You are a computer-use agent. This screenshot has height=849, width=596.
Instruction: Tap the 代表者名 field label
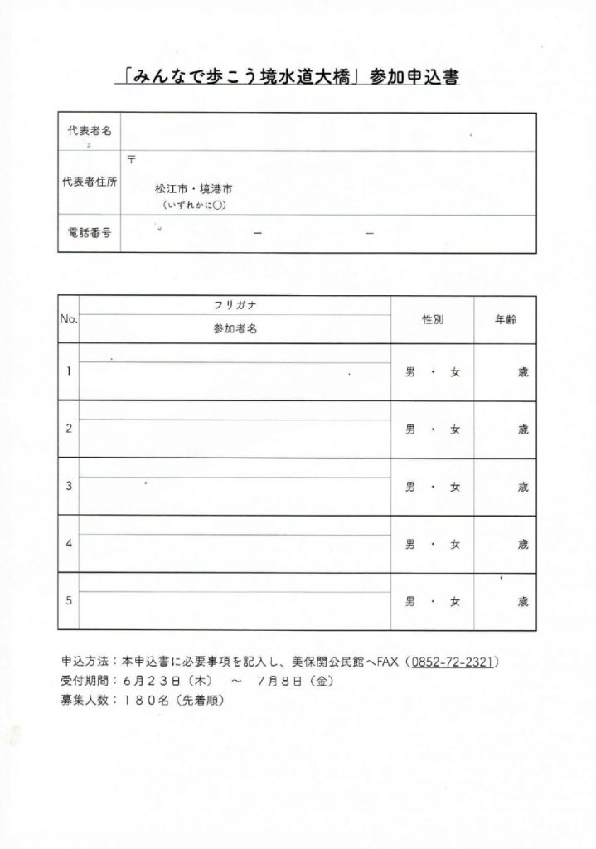[91, 133]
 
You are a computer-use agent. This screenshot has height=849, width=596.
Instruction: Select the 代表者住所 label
[91, 183]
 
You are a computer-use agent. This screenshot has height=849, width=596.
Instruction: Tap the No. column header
[68, 318]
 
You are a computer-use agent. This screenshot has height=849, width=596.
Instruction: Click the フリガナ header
[234, 305]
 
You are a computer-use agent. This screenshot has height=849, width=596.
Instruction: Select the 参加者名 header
[234, 329]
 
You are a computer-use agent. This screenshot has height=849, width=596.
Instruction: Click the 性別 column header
[432, 318]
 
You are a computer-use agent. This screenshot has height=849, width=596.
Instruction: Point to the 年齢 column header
[505, 318]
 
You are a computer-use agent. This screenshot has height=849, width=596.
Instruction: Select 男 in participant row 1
[409, 372]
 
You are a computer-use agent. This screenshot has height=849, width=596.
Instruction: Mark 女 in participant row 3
[455, 488]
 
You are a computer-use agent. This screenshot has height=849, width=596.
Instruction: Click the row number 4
[68, 544]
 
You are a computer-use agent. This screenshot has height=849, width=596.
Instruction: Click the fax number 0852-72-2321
[453, 662]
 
